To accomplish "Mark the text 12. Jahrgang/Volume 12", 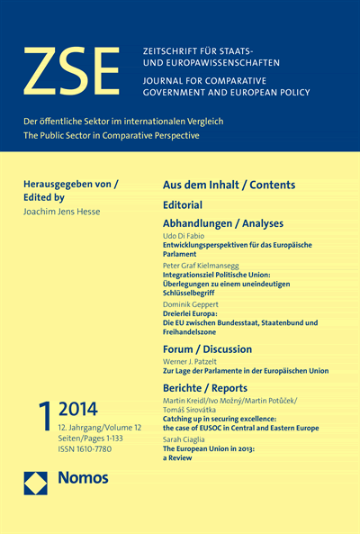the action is [x=98, y=423].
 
